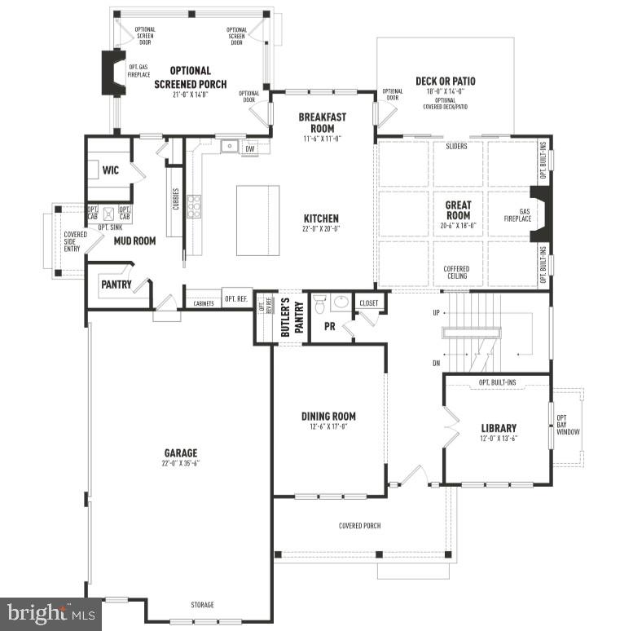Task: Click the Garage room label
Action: [x=180, y=453]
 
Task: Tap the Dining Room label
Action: [x=329, y=416]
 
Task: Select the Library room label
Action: [x=499, y=428]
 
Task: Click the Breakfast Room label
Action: [x=322, y=122]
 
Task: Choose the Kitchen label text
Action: [x=321, y=218]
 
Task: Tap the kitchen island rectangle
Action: [x=257, y=220]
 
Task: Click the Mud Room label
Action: [x=135, y=241]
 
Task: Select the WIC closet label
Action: [x=111, y=170]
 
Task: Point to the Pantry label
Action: [x=116, y=285]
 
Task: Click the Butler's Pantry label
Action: [x=287, y=319]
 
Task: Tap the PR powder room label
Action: [x=330, y=325]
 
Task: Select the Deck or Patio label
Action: [x=445, y=82]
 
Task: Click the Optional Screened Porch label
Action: [x=191, y=77]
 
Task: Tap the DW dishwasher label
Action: [x=250, y=148]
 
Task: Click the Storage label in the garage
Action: [x=202, y=605]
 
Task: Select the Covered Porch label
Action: [x=359, y=526]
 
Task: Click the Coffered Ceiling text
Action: [x=456, y=272]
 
